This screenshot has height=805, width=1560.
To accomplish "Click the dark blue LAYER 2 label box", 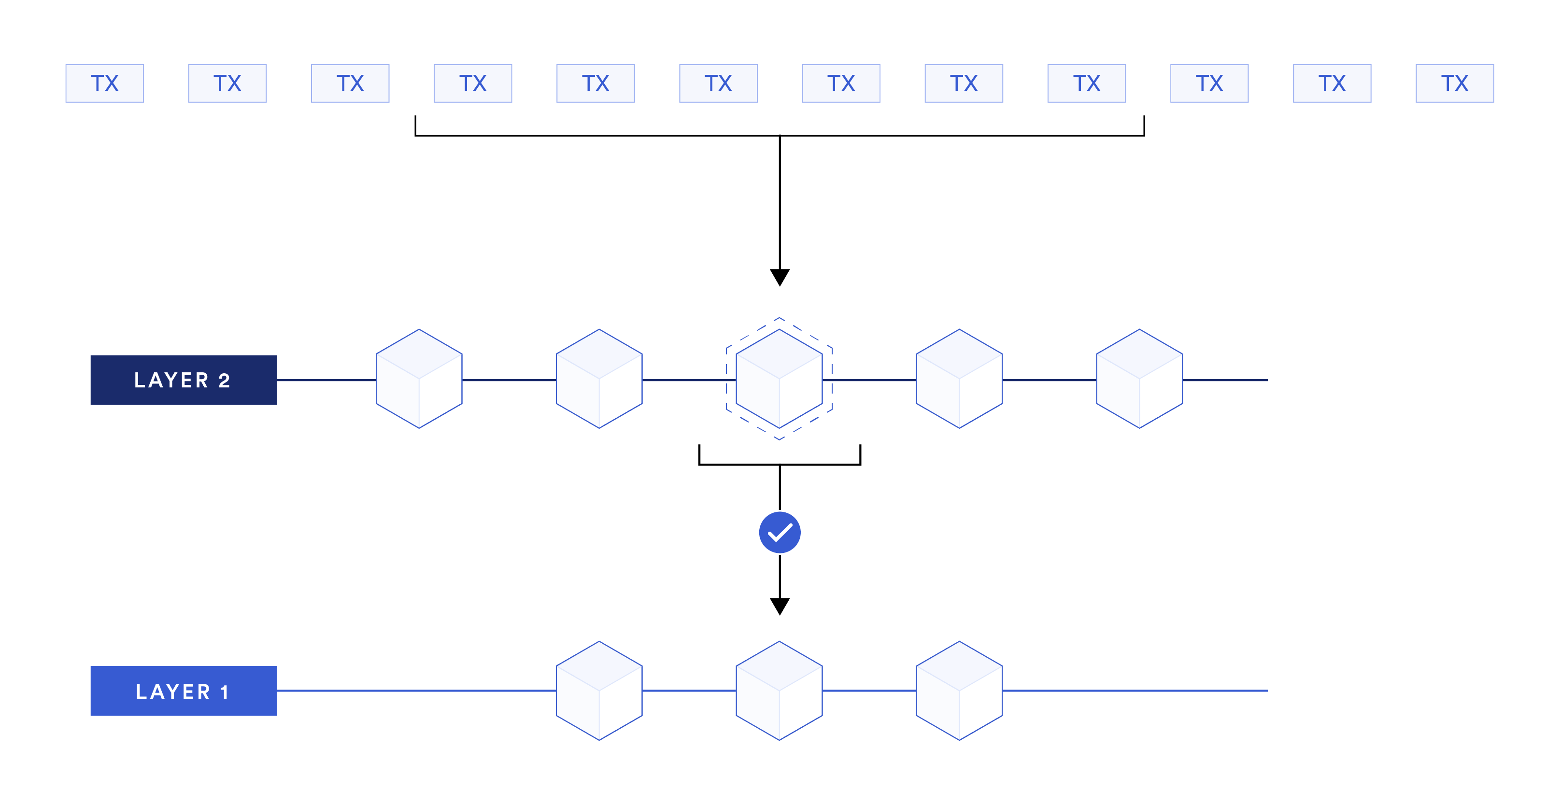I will pyautogui.click(x=184, y=380).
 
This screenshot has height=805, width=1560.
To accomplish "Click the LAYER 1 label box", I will pyautogui.click(x=184, y=691).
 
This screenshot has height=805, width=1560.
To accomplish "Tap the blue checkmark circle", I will pyautogui.click(x=780, y=533).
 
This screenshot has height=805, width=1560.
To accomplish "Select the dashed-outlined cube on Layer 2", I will pyautogui.click(x=780, y=379).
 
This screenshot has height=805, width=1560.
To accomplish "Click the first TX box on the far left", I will pyautogui.click(x=105, y=84).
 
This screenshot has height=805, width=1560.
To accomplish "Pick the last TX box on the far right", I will pyautogui.click(x=1454, y=84).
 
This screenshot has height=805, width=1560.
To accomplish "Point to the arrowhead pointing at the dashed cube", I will pyautogui.click(x=780, y=277).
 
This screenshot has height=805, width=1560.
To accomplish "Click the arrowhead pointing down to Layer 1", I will pyautogui.click(x=780, y=607).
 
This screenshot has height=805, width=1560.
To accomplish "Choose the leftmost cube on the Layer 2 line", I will pyautogui.click(x=419, y=379).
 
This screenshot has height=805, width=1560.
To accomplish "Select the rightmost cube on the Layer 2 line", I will pyautogui.click(x=1139, y=379).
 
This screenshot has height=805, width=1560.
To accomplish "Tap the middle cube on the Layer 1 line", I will pyautogui.click(x=780, y=691).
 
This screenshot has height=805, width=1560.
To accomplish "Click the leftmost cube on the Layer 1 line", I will pyautogui.click(x=599, y=691).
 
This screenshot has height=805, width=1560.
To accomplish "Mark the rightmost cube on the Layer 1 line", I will pyautogui.click(x=959, y=691).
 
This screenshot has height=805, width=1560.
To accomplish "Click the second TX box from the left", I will pyautogui.click(x=227, y=84).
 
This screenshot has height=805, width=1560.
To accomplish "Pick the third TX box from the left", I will pyautogui.click(x=350, y=84).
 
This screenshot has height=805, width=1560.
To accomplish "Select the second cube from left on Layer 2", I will pyautogui.click(x=599, y=379).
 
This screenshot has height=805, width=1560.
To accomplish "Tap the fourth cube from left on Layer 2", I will pyautogui.click(x=959, y=379).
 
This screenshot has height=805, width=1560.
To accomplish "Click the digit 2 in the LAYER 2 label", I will pyautogui.click(x=224, y=381).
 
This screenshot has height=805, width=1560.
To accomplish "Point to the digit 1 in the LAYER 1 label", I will pyautogui.click(x=225, y=692).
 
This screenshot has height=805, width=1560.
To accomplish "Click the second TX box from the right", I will pyautogui.click(x=1332, y=84).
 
